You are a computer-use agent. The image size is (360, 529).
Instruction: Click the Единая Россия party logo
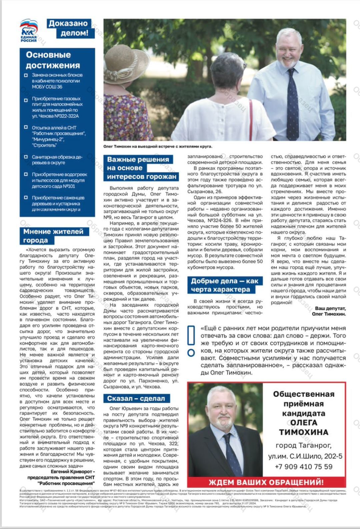[x=29, y=30]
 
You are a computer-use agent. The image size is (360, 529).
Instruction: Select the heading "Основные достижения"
[x=53, y=60]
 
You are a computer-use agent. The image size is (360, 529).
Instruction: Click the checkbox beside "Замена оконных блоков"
[x=26, y=75]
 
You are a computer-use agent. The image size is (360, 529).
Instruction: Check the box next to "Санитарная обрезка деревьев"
[x=26, y=157]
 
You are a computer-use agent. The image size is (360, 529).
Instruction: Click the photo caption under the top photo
[x=157, y=146]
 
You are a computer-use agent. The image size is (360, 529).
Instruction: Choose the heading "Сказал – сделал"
[x=136, y=398]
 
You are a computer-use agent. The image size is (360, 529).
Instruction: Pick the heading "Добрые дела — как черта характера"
[x=224, y=285]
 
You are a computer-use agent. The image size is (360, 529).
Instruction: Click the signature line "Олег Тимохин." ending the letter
[x=328, y=314]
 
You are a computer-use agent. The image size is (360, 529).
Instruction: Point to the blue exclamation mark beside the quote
[x=191, y=340]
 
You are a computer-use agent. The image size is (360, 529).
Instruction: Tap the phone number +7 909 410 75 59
[x=303, y=467]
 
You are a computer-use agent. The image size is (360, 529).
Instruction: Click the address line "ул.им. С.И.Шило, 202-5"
[x=305, y=456]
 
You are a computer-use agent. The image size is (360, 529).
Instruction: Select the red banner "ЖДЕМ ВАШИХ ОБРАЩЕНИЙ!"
[x=266, y=482]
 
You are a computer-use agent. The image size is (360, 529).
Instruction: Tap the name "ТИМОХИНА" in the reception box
[x=303, y=432]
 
